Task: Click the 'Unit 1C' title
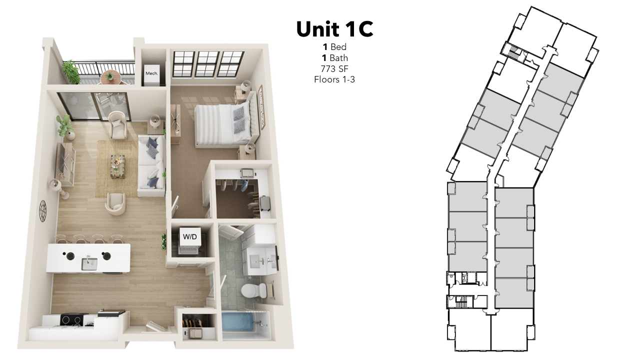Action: pos(334,29)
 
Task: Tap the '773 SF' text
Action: pos(334,69)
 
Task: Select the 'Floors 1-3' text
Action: pos(334,79)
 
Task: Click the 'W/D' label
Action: pos(190,236)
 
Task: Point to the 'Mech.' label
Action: pos(151,73)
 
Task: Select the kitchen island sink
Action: pos(89,263)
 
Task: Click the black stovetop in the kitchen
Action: pos(72,319)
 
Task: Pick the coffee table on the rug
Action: pos(117,166)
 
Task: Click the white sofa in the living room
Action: pos(151,165)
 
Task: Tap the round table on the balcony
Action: pos(109,76)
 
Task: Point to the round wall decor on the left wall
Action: pos(43,211)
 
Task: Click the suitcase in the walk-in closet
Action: pos(265,203)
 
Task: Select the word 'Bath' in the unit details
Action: pos(339,58)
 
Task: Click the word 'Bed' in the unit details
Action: pos(338,47)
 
